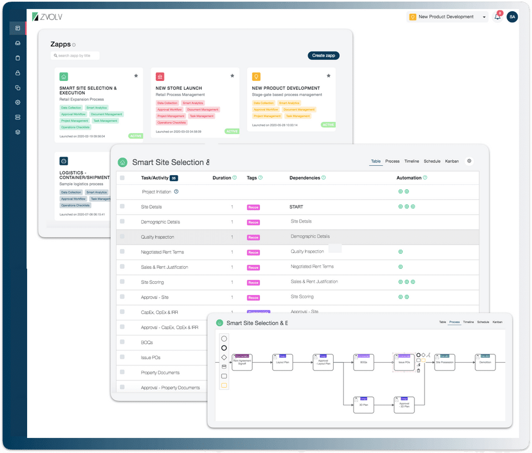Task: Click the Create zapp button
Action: pos(323,55)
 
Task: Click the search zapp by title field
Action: pos(75,55)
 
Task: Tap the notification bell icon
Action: pos(497,17)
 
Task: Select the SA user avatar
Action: pos(512,17)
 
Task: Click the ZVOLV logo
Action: pos(47,17)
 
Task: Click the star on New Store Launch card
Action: pos(232,75)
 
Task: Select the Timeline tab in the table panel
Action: pos(411,161)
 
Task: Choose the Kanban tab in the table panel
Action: pos(452,161)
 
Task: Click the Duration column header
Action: pos(222,178)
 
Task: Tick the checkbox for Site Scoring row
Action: pos(122,282)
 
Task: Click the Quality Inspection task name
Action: pos(158,237)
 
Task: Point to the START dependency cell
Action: pos(297,207)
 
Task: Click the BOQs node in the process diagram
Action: pos(364,362)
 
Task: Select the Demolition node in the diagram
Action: pos(485,362)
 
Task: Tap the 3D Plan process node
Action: pos(364,405)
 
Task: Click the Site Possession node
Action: pos(444,362)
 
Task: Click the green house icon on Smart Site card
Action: pos(64,77)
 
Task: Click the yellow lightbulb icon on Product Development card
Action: pos(257,77)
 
